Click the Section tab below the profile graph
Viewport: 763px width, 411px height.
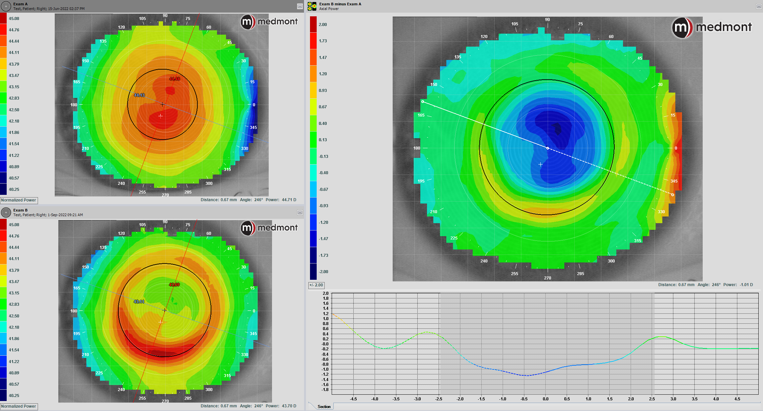coord(324,406)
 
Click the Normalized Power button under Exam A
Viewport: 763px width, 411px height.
coord(19,200)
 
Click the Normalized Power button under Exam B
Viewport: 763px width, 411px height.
coord(19,406)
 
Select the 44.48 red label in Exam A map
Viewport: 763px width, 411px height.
coord(175,79)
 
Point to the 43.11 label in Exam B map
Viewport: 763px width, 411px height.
coord(139,302)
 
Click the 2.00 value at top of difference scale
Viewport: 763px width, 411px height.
coord(323,25)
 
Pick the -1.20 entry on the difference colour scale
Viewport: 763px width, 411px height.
coord(323,222)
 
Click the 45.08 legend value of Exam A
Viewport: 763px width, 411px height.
coord(14,19)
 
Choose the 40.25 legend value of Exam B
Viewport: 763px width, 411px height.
coord(14,396)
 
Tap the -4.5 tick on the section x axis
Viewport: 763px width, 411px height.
coord(353,399)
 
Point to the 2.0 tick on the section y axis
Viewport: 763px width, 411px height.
coord(326,293)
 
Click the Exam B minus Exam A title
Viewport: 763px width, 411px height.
coord(340,4)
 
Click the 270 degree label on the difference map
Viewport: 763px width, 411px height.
coord(548,278)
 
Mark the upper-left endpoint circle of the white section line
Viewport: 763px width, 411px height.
coord(423,102)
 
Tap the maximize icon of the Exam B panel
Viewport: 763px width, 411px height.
coord(300,212)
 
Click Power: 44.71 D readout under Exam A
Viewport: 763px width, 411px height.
coord(281,200)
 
